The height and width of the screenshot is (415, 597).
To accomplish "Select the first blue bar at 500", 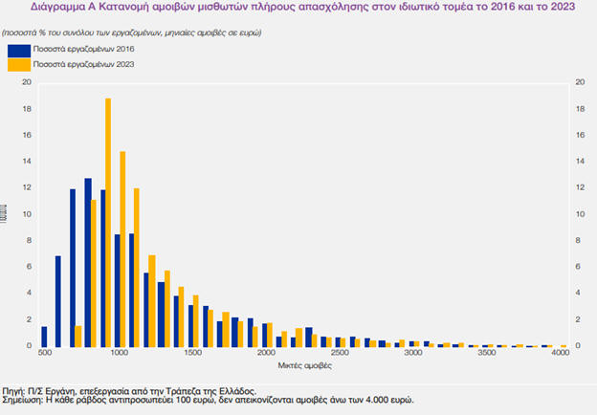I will [x=44, y=336].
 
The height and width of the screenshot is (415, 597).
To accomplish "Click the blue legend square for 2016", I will [x=16, y=48].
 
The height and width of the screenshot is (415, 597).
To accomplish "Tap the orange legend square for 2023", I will [x=16, y=64].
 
